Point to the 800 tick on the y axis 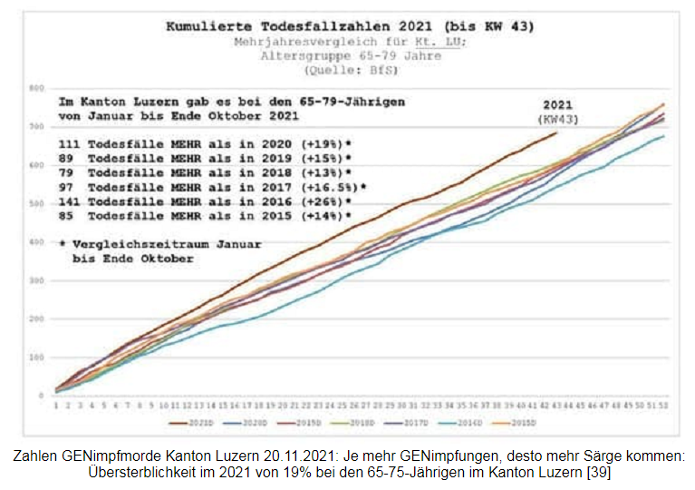[36, 89]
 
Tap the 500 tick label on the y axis [36, 204]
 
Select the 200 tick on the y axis [36, 319]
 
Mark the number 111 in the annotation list [70, 143]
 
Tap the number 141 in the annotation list [70, 201]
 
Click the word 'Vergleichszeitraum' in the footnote [137, 245]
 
